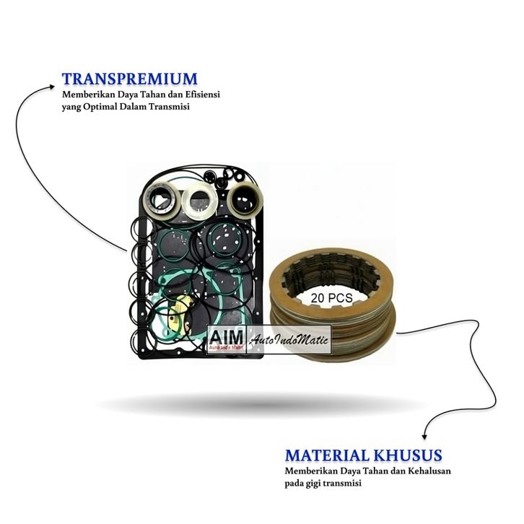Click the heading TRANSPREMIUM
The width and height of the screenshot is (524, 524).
pos(129,78)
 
